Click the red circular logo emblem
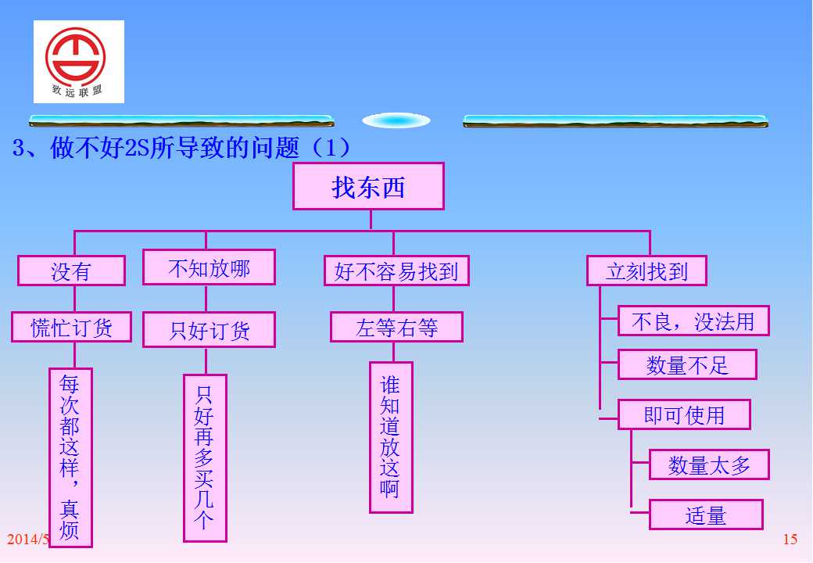click(75, 56)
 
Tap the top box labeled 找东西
click(369, 186)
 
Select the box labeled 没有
click(72, 271)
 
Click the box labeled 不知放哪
click(209, 267)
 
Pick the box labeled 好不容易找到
click(396, 271)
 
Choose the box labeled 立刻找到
click(646, 271)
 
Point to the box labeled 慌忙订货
click(72, 327)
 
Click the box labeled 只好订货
click(209, 330)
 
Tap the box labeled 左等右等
click(396, 327)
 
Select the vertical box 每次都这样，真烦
click(70, 457)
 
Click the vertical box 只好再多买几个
click(205, 458)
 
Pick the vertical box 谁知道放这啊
click(391, 438)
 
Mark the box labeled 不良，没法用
click(693, 321)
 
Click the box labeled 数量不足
click(687, 364)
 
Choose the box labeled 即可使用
click(684, 414)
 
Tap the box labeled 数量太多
click(709, 464)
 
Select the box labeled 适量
click(706, 515)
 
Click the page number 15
click(790, 540)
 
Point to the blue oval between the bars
click(396, 120)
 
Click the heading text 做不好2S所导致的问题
click(175, 148)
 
